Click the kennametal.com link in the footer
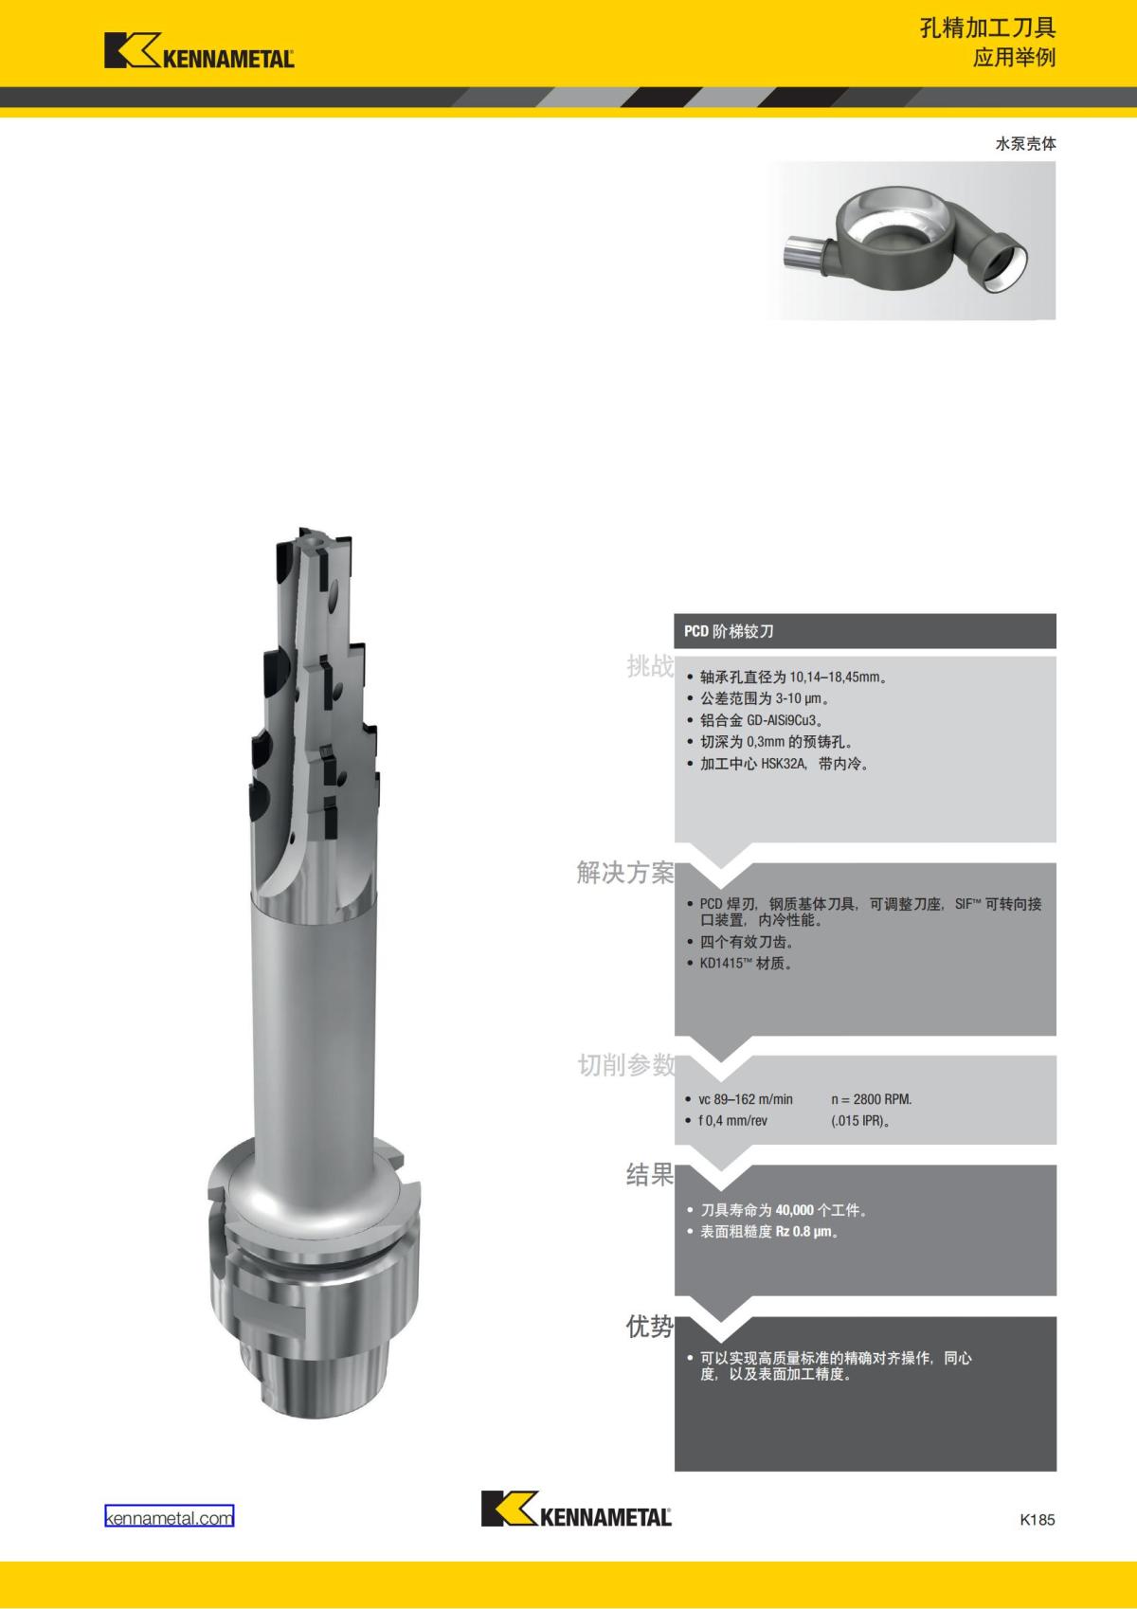(170, 1518)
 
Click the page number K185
(1038, 1519)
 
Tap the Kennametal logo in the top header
(199, 50)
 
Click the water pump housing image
(911, 241)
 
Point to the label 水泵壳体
(1025, 144)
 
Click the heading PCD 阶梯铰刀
(729, 631)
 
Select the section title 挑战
(650, 666)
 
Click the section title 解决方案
(625, 873)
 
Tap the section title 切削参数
(626, 1065)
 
